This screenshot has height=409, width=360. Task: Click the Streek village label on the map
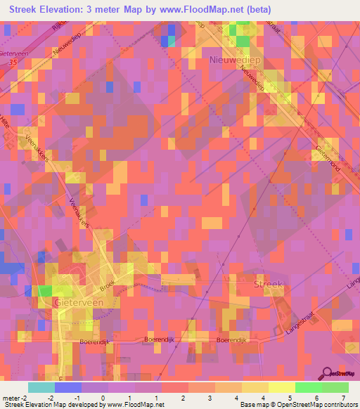tap(268, 284)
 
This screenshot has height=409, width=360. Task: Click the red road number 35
tap(11, 63)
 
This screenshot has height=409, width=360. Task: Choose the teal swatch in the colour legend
tap(41, 387)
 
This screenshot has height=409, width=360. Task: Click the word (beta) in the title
tap(255, 10)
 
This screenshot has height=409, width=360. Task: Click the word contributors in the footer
tap(339, 405)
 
